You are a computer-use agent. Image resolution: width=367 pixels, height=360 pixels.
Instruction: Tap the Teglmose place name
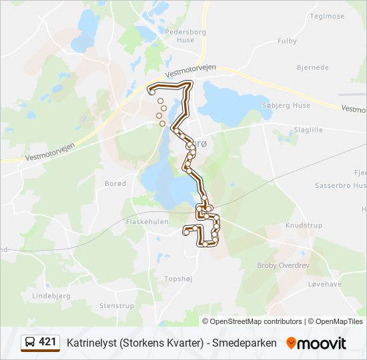tap(328, 16)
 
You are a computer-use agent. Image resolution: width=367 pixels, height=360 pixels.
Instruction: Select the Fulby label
tap(287, 41)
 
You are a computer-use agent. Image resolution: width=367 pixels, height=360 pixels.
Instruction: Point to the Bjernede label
tap(313, 67)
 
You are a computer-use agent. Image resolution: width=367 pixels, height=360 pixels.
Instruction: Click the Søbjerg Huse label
tap(287, 105)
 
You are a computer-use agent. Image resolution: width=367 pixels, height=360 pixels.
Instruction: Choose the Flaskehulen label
tap(147, 222)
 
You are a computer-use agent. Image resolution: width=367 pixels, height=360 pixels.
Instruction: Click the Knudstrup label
tap(304, 225)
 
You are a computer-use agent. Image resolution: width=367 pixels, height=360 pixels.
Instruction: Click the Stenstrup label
tap(117, 306)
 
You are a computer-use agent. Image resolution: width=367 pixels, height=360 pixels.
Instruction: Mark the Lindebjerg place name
tap(51, 295)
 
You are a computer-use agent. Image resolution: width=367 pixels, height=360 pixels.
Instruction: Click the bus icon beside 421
tap(30, 343)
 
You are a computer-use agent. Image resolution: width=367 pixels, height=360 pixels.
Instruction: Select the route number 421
tap(47, 342)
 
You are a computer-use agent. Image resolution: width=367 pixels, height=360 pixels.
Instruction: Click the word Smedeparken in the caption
tap(244, 343)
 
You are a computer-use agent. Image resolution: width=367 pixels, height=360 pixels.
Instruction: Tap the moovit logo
tap(316, 343)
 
